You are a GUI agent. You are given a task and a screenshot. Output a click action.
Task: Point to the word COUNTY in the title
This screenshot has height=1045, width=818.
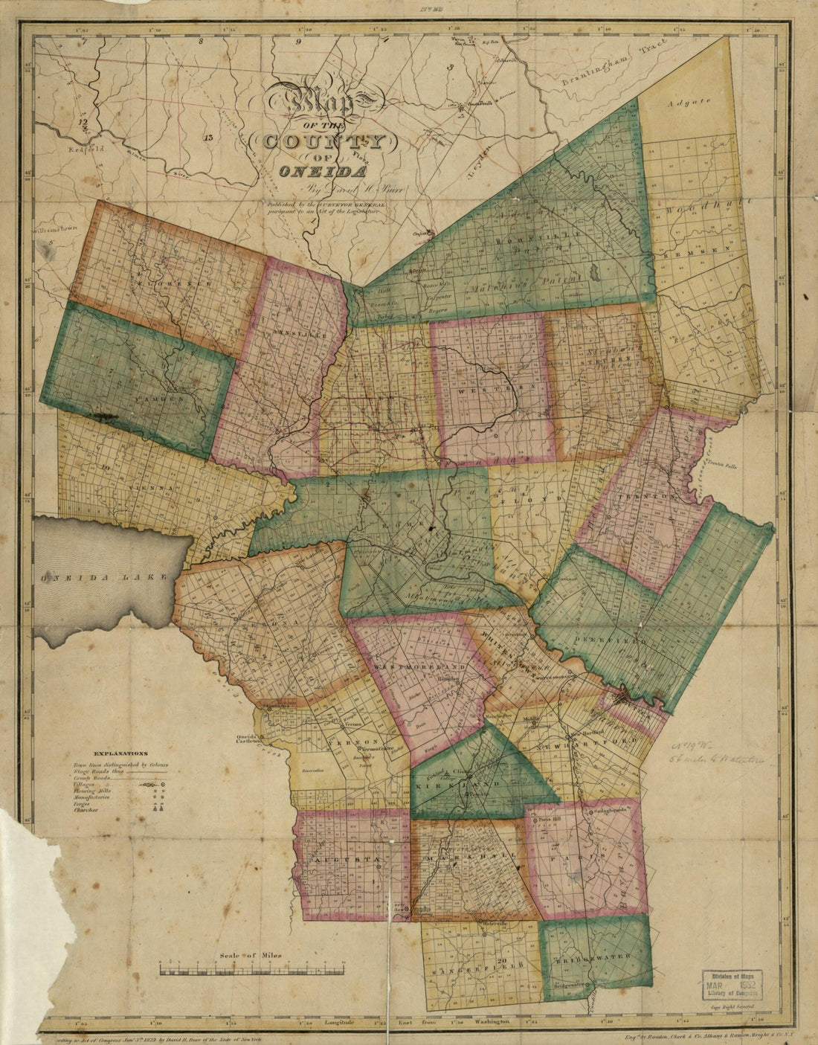tap(324, 140)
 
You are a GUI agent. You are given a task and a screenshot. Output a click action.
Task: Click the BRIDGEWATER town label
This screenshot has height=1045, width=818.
tap(596, 956)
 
